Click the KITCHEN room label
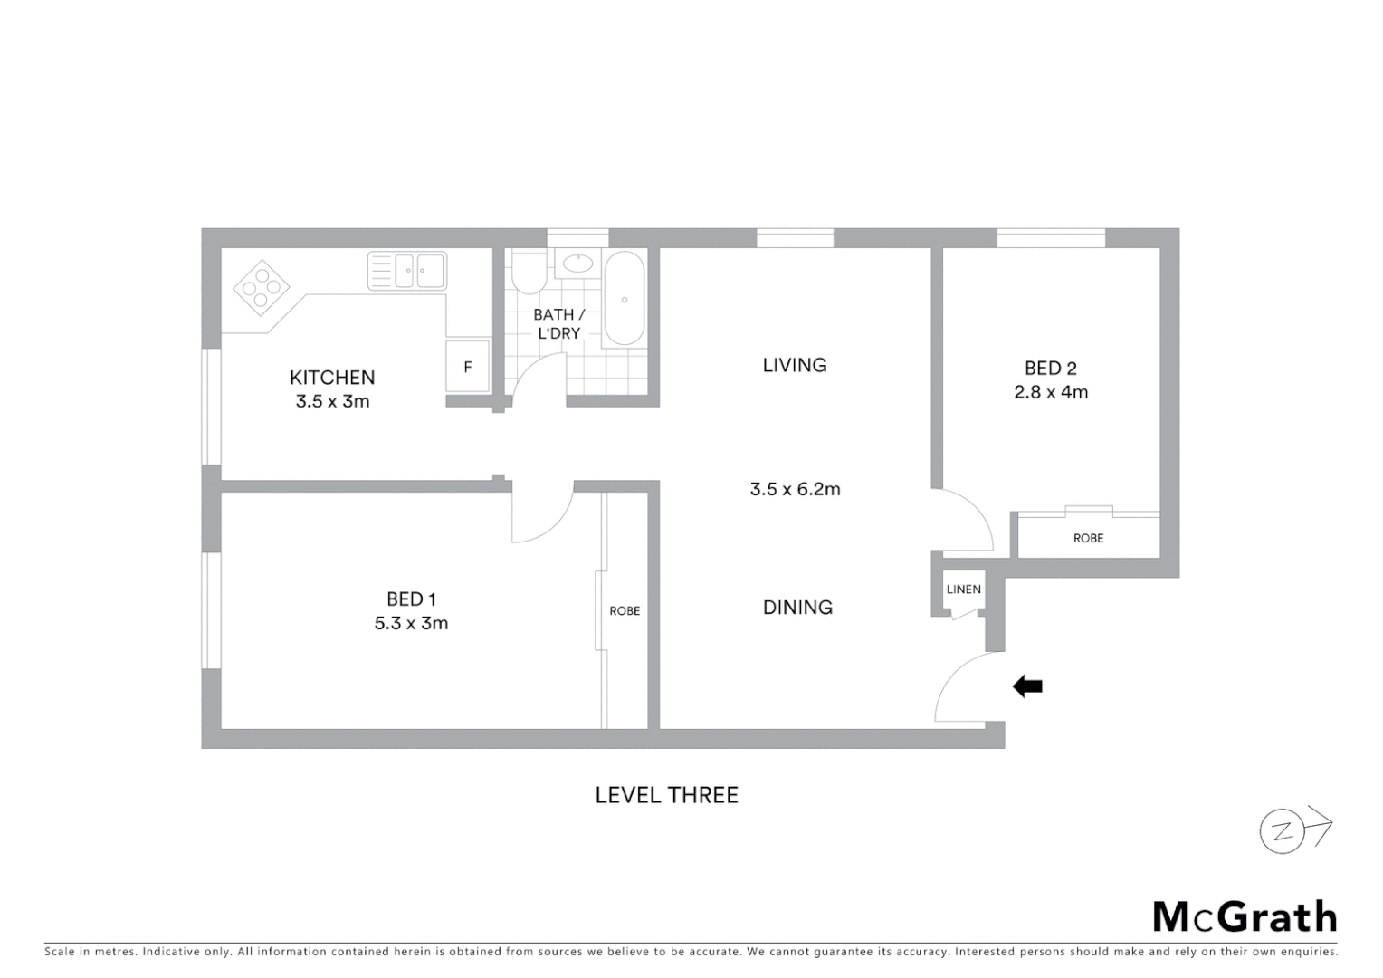pyautogui.click(x=332, y=378)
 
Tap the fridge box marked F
pyautogui.click(x=467, y=367)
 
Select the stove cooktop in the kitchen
pyautogui.click(x=262, y=287)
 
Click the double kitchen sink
pyautogui.click(x=407, y=271)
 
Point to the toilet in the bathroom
pyautogui.click(x=528, y=271)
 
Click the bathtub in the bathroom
pyautogui.click(x=624, y=298)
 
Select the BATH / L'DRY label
pyautogui.click(x=558, y=323)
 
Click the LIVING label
pyautogui.click(x=795, y=365)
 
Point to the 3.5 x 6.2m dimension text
pyautogui.click(x=795, y=489)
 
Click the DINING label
pyautogui.click(x=797, y=608)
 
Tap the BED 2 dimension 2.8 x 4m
pyautogui.click(x=1050, y=392)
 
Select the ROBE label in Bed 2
pyautogui.click(x=1088, y=538)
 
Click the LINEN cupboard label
pyautogui.click(x=963, y=590)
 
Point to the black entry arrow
pyautogui.click(x=1027, y=686)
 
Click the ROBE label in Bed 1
pyautogui.click(x=625, y=611)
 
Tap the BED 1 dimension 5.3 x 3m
pyautogui.click(x=411, y=623)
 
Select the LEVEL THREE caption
pyautogui.click(x=666, y=795)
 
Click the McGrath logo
pyautogui.click(x=1245, y=917)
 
